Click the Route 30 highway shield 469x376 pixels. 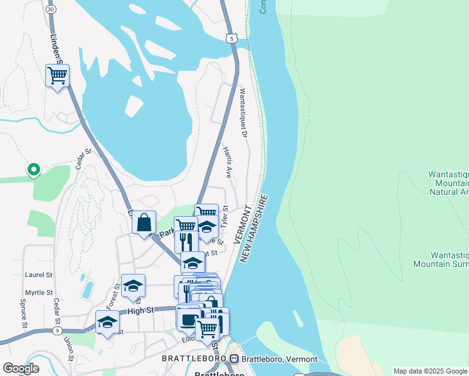coord(51,9)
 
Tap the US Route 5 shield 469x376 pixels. coord(233,39)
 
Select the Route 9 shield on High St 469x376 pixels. coord(57,330)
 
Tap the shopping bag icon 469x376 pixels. coord(144,222)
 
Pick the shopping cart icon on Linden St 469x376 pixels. coord(57,76)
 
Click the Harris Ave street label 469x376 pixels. coord(228,163)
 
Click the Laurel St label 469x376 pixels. coord(39,274)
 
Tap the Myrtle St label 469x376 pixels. coord(39,293)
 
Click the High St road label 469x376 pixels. coord(140,310)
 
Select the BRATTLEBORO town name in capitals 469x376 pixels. coord(194,358)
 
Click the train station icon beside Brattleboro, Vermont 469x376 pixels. coord(234,358)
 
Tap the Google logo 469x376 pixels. coord(21,368)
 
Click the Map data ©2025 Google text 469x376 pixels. coord(429,371)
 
